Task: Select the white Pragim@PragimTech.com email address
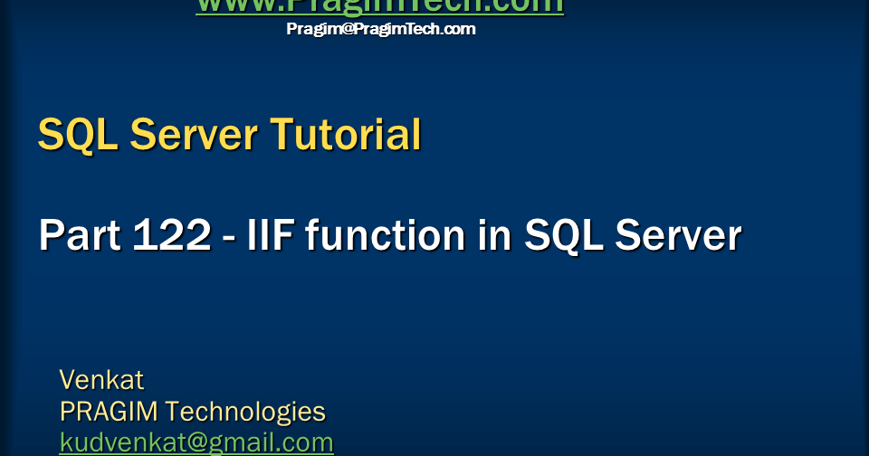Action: (380, 29)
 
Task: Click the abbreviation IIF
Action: (271, 236)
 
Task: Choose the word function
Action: (382, 236)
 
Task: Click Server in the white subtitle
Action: (678, 236)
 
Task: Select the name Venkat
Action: (101, 378)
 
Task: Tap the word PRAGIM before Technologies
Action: (110, 412)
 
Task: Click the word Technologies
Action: (245, 412)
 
